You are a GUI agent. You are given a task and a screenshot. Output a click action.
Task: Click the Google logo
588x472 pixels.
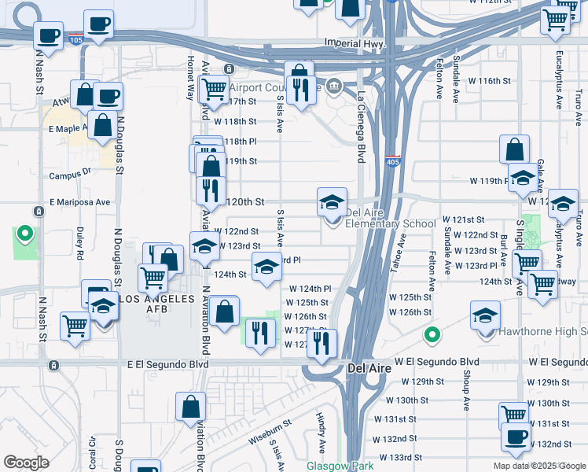(26, 463)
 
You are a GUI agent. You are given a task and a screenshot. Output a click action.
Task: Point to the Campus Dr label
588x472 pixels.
(71, 176)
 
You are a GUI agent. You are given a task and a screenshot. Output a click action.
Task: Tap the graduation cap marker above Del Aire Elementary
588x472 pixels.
(332, 202)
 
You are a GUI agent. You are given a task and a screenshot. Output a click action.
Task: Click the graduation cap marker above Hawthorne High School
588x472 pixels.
(486, 315)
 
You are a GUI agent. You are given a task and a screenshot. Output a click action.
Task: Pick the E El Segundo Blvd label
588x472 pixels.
(169, 365)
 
